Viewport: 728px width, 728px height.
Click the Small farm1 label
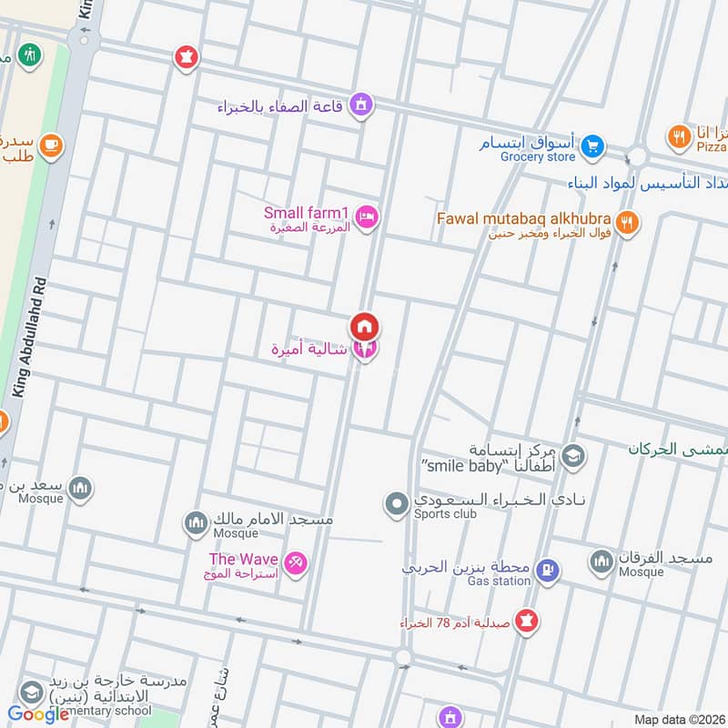306,213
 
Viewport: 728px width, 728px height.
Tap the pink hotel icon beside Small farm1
368,217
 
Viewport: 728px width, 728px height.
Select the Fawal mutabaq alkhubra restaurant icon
627,220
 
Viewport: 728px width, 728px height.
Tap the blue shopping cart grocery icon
592,144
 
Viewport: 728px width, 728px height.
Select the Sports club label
446,513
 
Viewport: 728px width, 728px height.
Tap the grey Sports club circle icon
396,503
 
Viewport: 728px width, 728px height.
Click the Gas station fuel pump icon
546,571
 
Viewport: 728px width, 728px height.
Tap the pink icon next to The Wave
296,563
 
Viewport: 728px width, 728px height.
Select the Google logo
38,714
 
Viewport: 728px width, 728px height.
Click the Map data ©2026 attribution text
678,720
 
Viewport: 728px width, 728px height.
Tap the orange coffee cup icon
50,143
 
